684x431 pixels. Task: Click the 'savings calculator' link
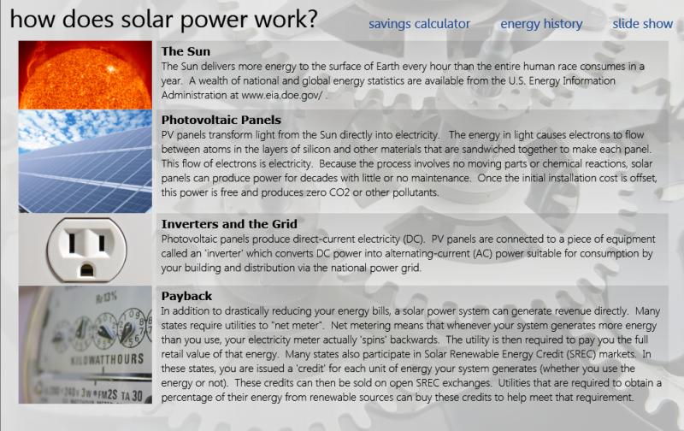pyautogui.click(x=419, y=24)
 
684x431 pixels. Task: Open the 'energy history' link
pyautogui.click(x=541, y=24)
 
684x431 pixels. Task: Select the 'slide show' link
pyautogui.click(x=643, y=24)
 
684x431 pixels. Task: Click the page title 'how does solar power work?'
pyautogui.click(x=163, y=20)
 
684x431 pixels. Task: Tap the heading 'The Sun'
pyautogui.click(x=186, y=51)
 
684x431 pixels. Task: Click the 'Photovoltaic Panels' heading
pyautogui.click(x=221, y=120)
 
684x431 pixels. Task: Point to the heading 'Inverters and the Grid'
pyautogui.click(x=229, y=224)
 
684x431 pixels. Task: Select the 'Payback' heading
pyautogui.click(x=186, y=296)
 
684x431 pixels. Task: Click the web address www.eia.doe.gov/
pyautogui.click(x=282, y=95)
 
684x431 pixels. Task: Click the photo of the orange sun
pyautogui.click(x=85, y=75)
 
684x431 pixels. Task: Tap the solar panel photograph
pyautogui.click(x=85, y=161)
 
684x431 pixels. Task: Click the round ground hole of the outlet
pyautogui.click(x=87, y=270)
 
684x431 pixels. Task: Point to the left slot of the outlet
pyautogui.click(x=72, y=243)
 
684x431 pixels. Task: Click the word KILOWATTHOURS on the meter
pyautogui.click(x=108, y=359)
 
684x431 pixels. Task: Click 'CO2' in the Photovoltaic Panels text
pyautogui.click(x=339, y=192)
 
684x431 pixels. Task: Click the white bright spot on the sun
pyautogui.click(x=112, y=68)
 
